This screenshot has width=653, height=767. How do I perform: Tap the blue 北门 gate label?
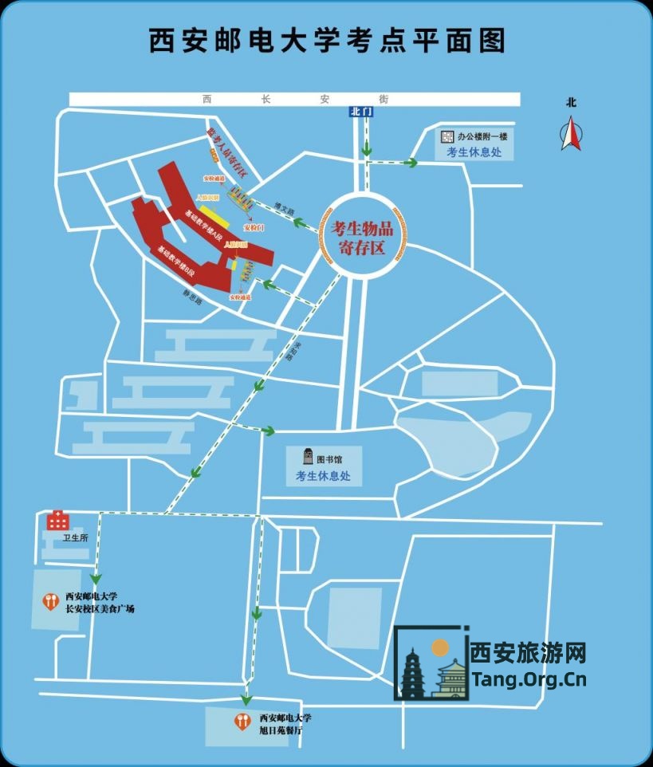pos(361,112)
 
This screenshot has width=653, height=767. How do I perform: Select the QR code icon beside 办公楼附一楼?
pos(448,136)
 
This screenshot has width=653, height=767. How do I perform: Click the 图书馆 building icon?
pos(307,458)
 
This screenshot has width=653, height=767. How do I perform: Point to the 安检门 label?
pos(254,228)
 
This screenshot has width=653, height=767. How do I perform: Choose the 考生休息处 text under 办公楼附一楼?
pos(474,152)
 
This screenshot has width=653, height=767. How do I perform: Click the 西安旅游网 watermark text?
pos(529,654)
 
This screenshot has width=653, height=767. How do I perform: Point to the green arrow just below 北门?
pos(366,147)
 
